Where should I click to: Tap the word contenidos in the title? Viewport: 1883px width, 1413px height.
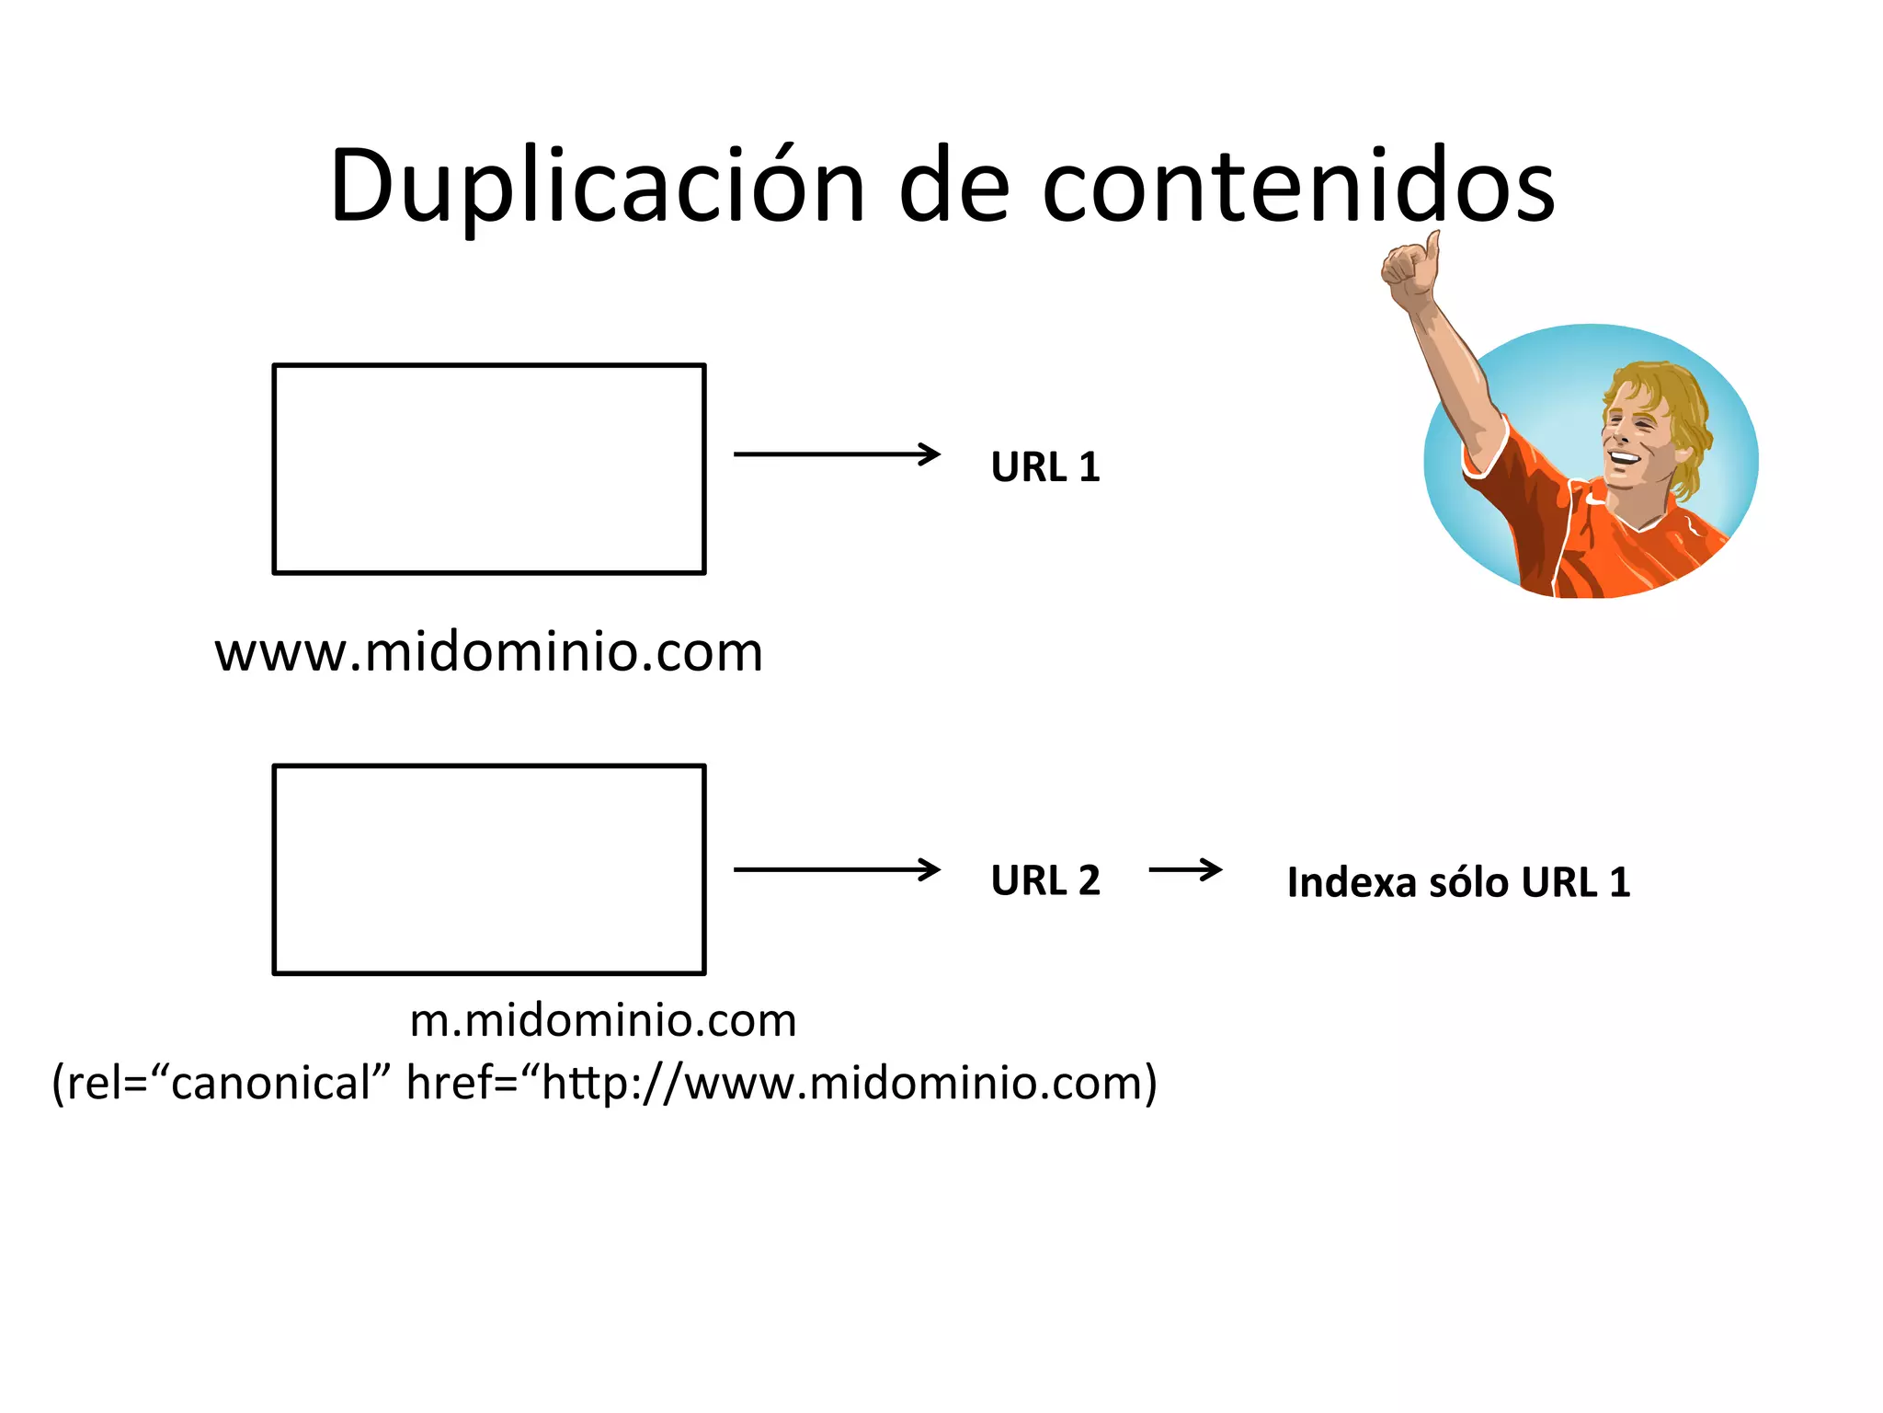point(1298,187)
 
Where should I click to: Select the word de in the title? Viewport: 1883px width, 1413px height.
point(953,187)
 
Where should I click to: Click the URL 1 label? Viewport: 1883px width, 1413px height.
point(1045,467)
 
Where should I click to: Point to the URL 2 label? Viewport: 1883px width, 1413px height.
point(1045,880)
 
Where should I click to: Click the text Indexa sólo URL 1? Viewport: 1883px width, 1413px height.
point(1458,882)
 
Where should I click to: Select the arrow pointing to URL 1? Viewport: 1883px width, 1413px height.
point(837,454)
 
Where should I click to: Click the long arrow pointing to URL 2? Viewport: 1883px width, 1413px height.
point(837,869)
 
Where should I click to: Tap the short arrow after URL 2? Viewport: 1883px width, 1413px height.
point(1185,869)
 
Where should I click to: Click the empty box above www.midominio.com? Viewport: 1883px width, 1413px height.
point(489,469)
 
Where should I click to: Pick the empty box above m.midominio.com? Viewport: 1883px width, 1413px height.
point(489,869)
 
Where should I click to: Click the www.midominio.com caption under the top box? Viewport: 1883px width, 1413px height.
point(488,653)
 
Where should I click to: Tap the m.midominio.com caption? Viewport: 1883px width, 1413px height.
point(603,1020)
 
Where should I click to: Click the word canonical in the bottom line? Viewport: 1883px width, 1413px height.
point(270,1083)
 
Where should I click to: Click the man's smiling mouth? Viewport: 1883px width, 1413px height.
point(1623,458)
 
